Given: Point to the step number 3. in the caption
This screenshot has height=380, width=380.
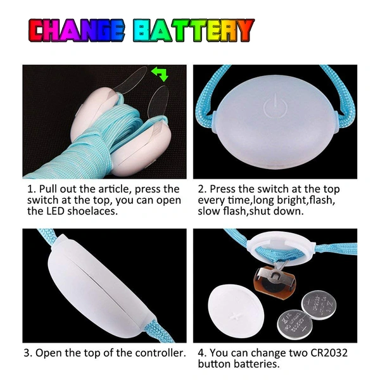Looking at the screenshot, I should click(30, 353).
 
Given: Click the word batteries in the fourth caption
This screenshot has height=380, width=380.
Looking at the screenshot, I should click(256, 364).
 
